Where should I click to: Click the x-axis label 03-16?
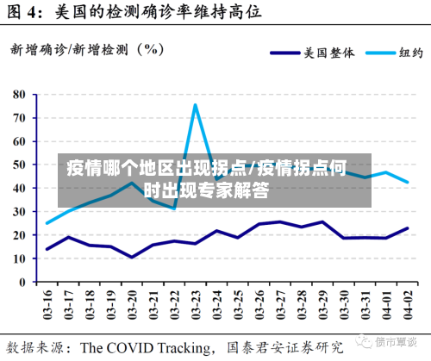coord(47,304)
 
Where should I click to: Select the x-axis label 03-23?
coord(196,304)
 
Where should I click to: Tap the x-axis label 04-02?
coord(407,304)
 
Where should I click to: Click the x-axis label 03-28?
coord(301,304)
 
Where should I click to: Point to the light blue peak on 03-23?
coord(196,105)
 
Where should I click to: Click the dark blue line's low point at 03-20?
coord(132,257)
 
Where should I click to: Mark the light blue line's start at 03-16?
coord(47,223)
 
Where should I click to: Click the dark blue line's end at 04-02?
coord(407,228)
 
